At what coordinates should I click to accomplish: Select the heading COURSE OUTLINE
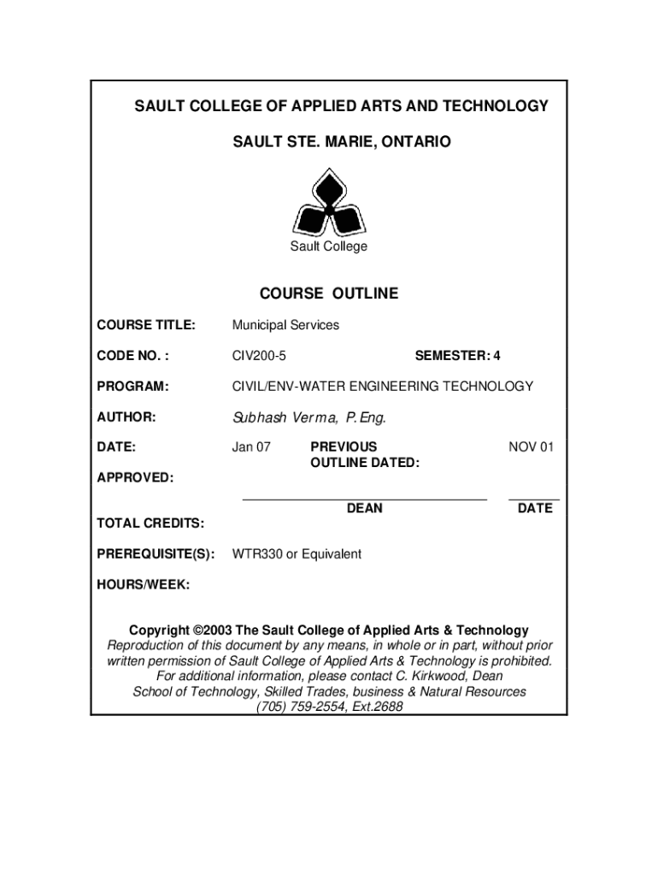pos(329,293)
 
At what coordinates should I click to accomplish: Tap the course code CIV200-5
pos(259,355)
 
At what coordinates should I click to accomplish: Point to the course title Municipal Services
pos(285,325)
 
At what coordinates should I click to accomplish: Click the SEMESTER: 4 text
pos(457,355)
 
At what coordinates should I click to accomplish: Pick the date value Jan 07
pos(251,447)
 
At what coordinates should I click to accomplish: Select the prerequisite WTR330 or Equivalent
pos(297,553)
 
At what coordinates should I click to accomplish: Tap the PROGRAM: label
pos(132,386)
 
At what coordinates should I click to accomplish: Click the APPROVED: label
pos(135,476)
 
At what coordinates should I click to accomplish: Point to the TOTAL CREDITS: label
pos(150,523)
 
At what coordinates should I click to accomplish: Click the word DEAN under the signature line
pos(365,508)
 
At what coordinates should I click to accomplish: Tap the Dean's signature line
pos(365,497)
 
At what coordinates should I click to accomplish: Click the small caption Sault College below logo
pos(328,246)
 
